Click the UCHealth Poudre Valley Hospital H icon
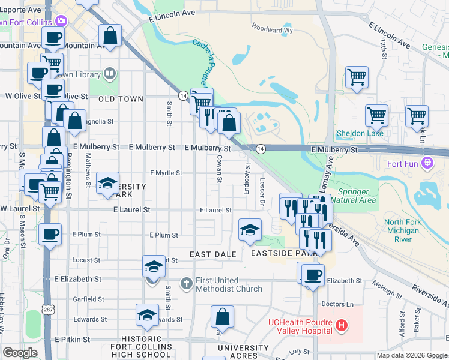[342, 326]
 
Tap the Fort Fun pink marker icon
[427, 161]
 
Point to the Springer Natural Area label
[353, 196]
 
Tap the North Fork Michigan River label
[402, 230]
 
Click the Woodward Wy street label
[272, 29]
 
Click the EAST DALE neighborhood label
[213, 254]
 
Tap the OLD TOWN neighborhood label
[121, 99]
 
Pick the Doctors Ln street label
[337, 304]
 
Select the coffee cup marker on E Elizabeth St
[312, 275]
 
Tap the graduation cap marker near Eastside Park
[250, 230]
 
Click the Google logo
[20, 353]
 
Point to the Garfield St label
[88, 299]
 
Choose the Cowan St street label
[220, 170]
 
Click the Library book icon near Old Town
[109, 74]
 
